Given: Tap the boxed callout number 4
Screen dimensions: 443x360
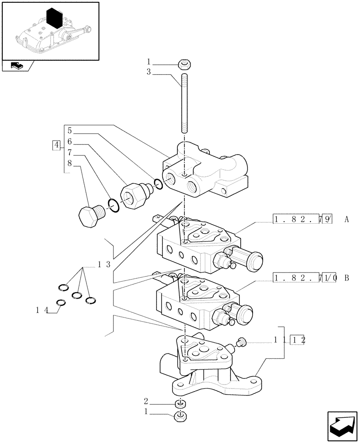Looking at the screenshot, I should coord(56,145).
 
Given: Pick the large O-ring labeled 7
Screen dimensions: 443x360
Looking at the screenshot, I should coord(113,206).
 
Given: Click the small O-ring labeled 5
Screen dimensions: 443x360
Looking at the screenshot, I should coord(158,183).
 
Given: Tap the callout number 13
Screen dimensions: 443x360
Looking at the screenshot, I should coord(104,264).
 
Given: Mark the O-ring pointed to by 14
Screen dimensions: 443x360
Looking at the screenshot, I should coord(61,303).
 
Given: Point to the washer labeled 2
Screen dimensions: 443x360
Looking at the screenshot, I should coord(180,404).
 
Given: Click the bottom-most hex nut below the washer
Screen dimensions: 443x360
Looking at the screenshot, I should coord(180,416).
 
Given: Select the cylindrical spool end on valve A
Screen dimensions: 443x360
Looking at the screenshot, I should coord(252,261).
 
